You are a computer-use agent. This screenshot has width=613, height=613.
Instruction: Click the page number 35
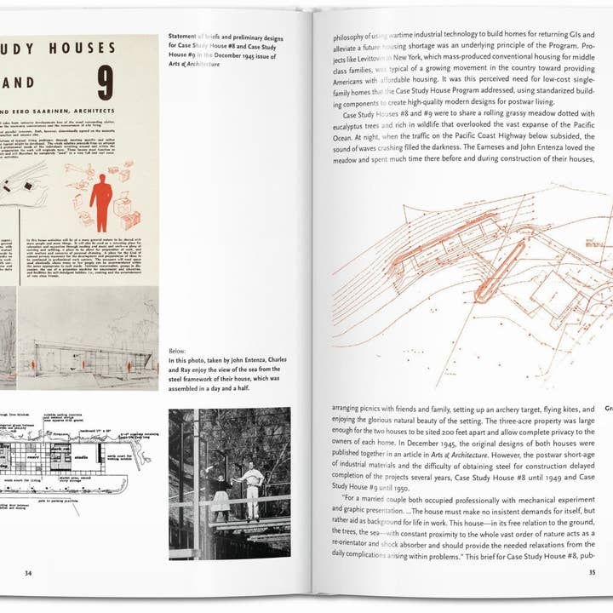coord(592,572)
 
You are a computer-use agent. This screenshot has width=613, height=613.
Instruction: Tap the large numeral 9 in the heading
coord(129,83)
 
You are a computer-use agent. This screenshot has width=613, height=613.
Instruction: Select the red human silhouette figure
coord(100,202)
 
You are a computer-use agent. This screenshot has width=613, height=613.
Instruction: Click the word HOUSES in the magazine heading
coord(84,49)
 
